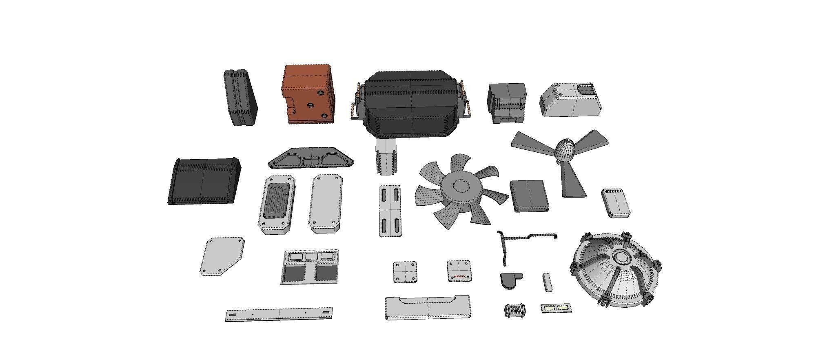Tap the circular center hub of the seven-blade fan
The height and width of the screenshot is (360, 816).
[x=461, y=187]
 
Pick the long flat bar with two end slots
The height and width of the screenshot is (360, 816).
[x=279, y=314]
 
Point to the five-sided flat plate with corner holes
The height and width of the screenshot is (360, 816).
[x=222, y=256]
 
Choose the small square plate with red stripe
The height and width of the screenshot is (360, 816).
[x=459, y=271]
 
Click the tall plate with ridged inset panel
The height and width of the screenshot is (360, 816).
[x=277, y=204]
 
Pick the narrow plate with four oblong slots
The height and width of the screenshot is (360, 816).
[x=390, y=211]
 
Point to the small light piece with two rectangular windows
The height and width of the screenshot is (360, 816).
[x=556, y=308]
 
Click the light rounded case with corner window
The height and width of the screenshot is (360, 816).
[x=570, y=100]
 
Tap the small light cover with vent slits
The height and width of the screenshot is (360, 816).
[x=615, y=202]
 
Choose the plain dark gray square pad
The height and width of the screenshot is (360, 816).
[x=529, y=196]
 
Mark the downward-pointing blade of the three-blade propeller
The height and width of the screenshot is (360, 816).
[x=572, y=182]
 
